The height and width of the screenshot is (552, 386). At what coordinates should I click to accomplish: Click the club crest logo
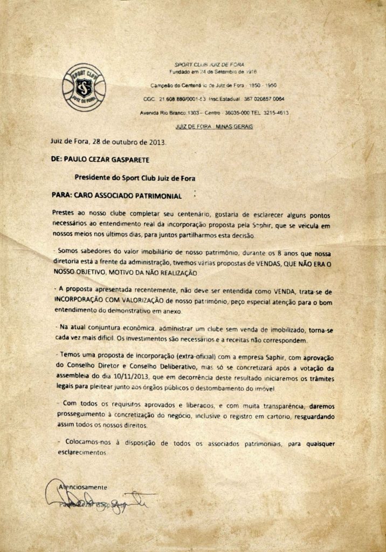click(x=84, y=87)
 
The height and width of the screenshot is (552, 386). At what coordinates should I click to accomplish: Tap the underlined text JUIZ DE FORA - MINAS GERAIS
click(x=214, y=126)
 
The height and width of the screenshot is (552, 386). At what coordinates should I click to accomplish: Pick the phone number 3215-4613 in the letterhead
click(x=275, y=113)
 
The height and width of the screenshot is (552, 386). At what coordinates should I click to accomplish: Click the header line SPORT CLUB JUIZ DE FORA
click(x=213, y=64)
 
